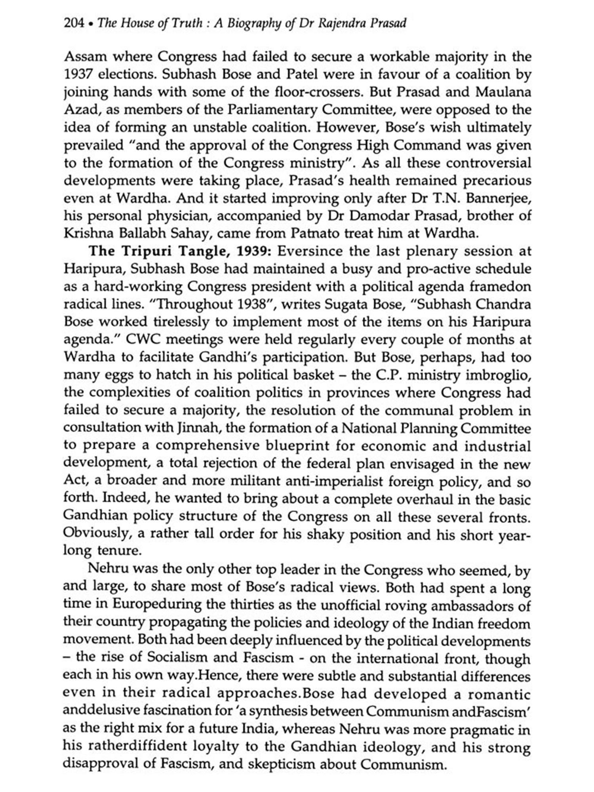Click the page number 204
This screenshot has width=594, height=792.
pos(74,23)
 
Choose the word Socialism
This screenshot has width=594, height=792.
pos(176,658)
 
